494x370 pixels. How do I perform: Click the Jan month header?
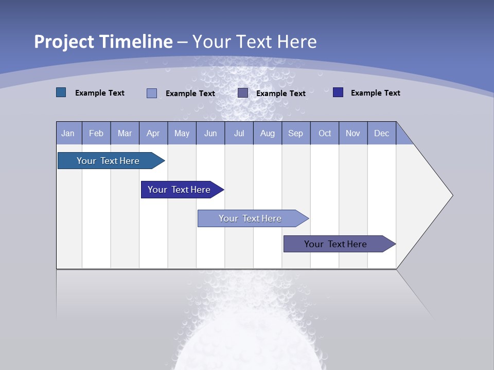pyautogui.click(x=68, y=133)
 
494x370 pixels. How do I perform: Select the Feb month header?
pyautogui.click(x=96, y=133)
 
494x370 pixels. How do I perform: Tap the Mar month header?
pyautogui.click(x=125, y=133)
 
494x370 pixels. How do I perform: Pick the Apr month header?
pyautogui.click(x=153, y=133)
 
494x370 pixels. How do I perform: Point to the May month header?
pyautogui.click(x=182, y=133)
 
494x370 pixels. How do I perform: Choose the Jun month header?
pyautogui.click(x=210, y=133)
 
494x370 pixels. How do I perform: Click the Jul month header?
pyautogui.click(x=239, y=133)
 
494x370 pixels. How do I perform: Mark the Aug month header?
pyautogui.click(x=268, y=133)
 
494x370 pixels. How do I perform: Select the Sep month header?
pyautogui.click(x=296, y=133)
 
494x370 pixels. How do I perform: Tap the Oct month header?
pyautogui.click(x=325, y=133)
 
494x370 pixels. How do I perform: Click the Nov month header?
pyautogui.click(x=353, y=133)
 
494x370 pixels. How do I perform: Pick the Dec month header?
pyautogui.click(x=382, y=133)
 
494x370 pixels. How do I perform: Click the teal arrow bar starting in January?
pyautogui.click(x=108, y=161)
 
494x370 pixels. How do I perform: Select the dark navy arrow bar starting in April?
pyautogui.click(x=179, y=190)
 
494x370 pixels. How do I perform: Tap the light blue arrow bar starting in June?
pyautogui.click(x=250, y=218)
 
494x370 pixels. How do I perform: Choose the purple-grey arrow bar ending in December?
pyautogui.click(x=336, y=244)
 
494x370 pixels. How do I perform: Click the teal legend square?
pyautogui.click(x=61, y=92)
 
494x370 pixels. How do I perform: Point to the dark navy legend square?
pyautogui.click(x=338, y=92)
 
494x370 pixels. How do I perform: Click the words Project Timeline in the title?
pyautogui.click(x=103, y=42)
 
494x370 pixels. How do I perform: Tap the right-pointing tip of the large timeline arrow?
pyautogui.click(x=450, y=195)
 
